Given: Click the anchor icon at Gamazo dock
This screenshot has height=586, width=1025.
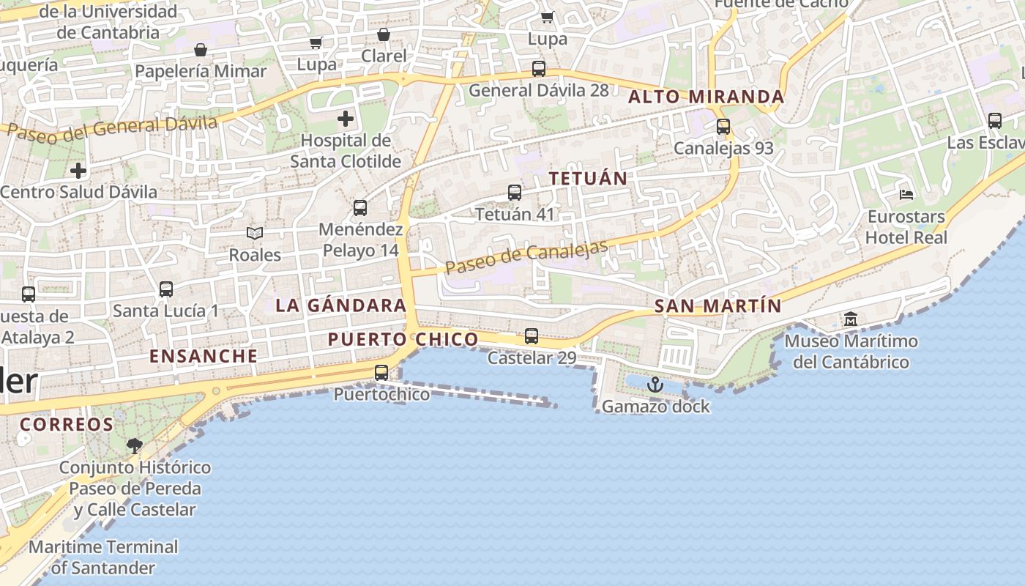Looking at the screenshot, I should tap(655, 385).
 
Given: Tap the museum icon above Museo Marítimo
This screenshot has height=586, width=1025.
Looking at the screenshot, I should tap(851, 319).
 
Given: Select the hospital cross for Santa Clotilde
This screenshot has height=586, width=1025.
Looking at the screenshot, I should tap(346, 119).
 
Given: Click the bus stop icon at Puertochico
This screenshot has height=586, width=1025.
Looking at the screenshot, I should tap(381, 373).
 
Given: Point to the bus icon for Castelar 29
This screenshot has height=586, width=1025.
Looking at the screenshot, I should tap(532, 336).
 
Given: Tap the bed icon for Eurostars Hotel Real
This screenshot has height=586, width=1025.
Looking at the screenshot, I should tap(906, 195).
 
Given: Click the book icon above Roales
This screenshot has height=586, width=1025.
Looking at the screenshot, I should tap(255, 233).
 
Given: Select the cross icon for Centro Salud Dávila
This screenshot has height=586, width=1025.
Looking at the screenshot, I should tap(78, 171).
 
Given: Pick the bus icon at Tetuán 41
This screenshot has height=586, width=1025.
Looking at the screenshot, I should tap(515, 193).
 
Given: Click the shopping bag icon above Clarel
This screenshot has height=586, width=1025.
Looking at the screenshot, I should tap(384, 34).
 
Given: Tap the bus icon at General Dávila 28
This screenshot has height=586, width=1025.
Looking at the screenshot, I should tap(539, 69).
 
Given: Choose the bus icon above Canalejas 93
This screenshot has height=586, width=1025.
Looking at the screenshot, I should tap(723, 127).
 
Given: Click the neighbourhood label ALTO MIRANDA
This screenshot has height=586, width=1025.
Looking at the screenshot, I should tap(707, 97).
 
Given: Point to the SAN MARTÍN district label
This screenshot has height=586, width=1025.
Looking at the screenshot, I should tap(717, 306).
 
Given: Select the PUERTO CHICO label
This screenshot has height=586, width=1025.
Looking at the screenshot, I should tap(403, 339).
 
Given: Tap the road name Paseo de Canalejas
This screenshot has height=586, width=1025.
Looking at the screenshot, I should tap(526, 256).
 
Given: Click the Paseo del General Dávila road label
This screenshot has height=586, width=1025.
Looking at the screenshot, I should tap(113, 127).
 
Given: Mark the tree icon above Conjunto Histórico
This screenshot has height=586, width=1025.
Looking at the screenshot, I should tap(135, 445).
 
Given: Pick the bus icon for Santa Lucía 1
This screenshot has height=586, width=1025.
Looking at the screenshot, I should tap(166, 289).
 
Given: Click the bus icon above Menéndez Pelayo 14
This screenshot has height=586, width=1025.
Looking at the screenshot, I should tap(360, 208).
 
